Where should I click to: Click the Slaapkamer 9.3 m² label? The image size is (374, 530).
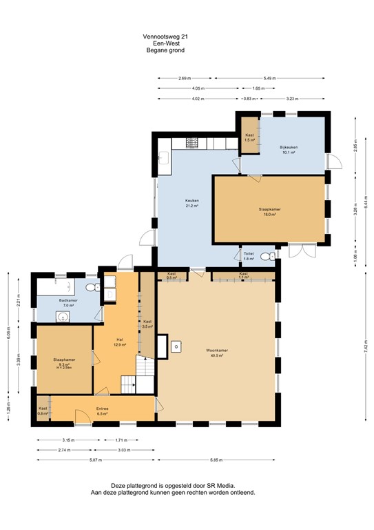tap(64, 362)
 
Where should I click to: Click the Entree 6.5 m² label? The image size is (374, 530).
tap(102, 411)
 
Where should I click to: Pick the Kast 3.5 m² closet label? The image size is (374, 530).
tap(147, 324)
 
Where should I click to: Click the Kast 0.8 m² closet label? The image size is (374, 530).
tap(43, 411)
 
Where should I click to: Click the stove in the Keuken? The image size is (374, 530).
tap(193, 143)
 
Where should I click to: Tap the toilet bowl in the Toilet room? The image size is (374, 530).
tap(273, 256)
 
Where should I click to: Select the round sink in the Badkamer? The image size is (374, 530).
tap(63, 317)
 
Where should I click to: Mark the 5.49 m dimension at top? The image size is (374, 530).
tap(269, 79)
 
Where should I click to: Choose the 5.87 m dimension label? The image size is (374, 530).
tap(94, 460)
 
